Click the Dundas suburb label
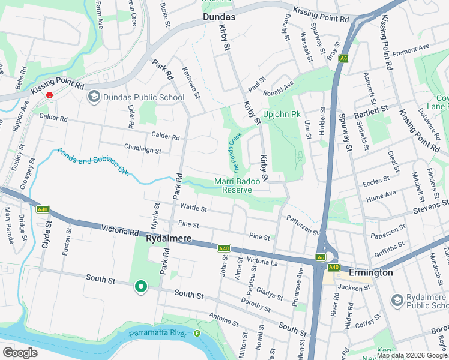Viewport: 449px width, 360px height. [x=218, y=17]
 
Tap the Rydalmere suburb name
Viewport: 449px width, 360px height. [x=169, y=239]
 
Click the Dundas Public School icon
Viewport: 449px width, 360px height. [x=94, y=97]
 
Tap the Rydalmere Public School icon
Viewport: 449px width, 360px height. [x=397, y=299]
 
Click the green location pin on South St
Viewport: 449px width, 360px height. [x=141, y=287]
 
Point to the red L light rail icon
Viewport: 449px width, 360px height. [x=50, y=95]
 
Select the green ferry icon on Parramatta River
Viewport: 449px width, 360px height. [x=197, y=334]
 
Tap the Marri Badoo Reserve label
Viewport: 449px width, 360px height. [x=238, y=185]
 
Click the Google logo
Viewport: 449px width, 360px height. [x=20, y=352]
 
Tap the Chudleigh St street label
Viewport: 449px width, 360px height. [x=142, y=149]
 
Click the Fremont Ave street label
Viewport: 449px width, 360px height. [x=411, y=48]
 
